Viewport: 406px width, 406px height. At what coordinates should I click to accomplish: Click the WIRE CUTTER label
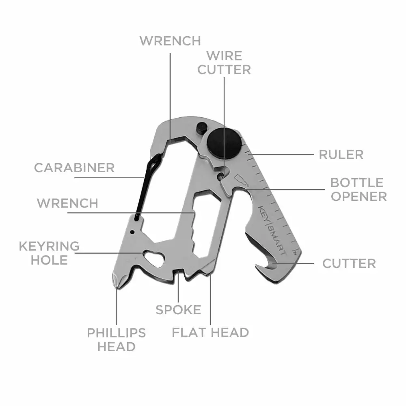(224, 63)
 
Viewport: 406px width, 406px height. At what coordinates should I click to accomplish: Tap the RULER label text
(341, 155)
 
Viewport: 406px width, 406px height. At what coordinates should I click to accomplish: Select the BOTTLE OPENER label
(358, 190)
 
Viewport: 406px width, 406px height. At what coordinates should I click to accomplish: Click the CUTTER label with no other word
(349, 263)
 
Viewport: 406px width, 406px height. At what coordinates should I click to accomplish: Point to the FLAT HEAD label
(210, 333)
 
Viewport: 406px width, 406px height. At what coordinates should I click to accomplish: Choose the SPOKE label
(178, 310)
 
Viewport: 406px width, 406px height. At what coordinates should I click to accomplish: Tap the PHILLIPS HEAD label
(116, 340)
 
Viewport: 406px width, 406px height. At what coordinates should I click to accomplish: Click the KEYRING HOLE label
(49, 253)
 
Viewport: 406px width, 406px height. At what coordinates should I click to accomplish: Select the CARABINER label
(74, 168)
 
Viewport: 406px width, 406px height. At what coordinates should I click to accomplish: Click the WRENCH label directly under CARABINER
(67, 203)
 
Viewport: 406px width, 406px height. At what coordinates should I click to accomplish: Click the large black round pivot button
(224, 143)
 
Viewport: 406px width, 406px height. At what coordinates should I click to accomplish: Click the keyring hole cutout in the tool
(154, 258)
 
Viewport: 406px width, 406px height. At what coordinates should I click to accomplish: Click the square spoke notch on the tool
(178, 274)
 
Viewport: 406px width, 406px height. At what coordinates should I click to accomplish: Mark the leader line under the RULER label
(281, 155)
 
